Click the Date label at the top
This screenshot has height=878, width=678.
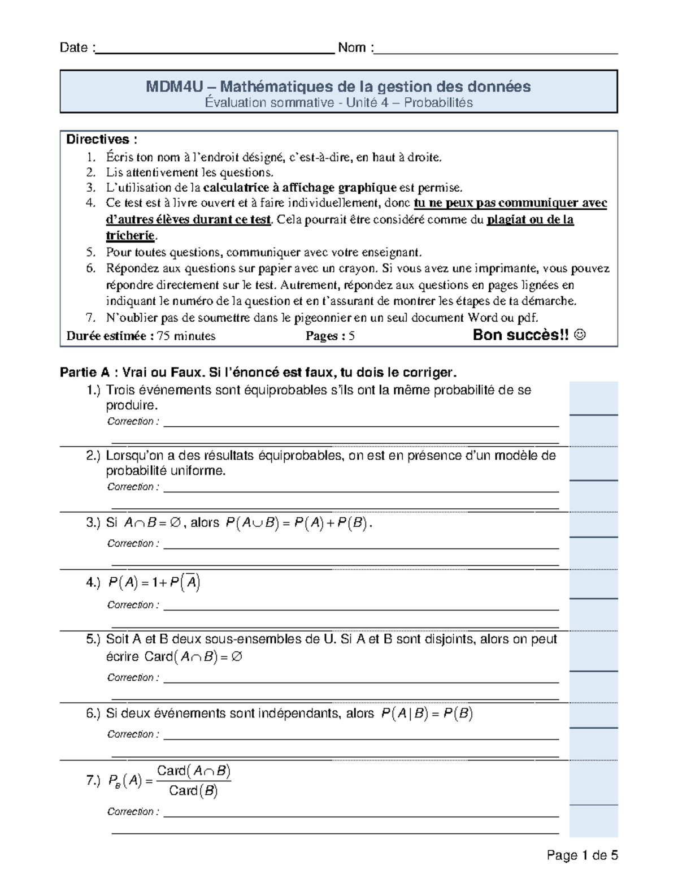[x=73, y=48]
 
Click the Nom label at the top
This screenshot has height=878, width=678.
[x=353, y=48]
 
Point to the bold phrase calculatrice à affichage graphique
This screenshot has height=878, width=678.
[x=299, y=188]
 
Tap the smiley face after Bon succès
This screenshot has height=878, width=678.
[x=580, y=335]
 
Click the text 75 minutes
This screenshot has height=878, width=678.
[x=186, y=336]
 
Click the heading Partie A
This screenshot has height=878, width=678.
[x=85, y=373]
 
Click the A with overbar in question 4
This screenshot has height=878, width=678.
[x=192, y=582]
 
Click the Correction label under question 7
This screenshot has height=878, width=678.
[x=133, y=812]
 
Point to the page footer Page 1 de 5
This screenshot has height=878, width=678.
[x=583, y=855]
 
